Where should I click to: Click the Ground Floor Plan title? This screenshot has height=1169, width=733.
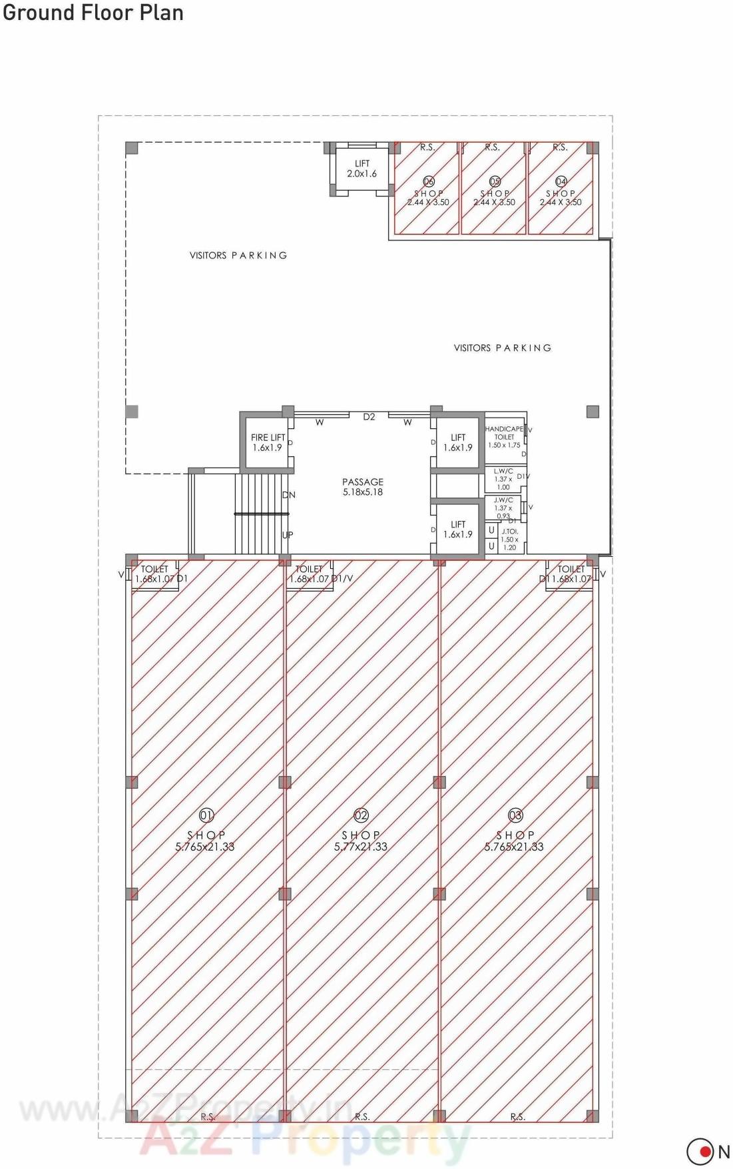coord(93,12)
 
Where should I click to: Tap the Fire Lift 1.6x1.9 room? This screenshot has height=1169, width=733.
coord(267,443)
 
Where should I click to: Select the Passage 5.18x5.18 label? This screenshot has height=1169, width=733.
coord(363,487)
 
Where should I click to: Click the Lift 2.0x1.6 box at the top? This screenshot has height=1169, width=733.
coord(362,169)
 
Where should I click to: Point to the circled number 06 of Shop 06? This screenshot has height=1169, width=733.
coord(429,181)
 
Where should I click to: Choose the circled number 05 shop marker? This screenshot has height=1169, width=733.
coord(495,181)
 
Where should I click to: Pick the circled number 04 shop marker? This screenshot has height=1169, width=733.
coord(561,181)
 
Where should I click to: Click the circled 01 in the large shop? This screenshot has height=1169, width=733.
coord(206,815)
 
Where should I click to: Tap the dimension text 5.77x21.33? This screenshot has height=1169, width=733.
coord(361,847)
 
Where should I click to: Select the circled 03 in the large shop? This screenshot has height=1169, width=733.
coord(515,815)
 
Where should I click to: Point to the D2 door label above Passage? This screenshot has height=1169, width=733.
coord(369,417)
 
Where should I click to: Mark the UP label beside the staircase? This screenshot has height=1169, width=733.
coord(288,535)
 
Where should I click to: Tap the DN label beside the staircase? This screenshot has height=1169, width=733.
coord(288,495)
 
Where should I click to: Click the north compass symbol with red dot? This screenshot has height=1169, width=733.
coord(700,1151)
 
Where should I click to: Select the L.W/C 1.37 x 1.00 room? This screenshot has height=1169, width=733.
coord(503,479)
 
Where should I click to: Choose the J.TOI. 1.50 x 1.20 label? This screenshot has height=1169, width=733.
coord(509,539)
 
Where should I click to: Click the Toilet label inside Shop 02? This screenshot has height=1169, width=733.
coord(309,570)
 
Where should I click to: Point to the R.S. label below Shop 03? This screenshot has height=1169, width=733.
coord(517,1116)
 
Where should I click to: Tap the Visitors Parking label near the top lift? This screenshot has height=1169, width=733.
coord(238,255)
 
